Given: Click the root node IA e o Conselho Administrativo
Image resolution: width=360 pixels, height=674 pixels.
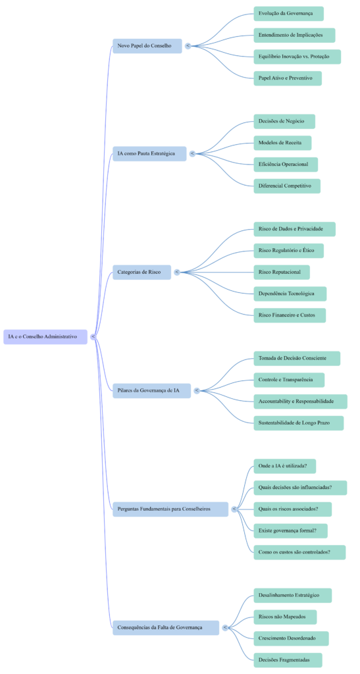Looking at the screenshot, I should coord(45,336).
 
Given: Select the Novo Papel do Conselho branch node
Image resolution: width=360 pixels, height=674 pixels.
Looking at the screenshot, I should coord(147,46).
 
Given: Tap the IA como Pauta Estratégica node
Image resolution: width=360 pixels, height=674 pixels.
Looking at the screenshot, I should coord(149,154).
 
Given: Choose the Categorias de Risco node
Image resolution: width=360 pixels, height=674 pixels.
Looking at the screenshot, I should coord(141,272).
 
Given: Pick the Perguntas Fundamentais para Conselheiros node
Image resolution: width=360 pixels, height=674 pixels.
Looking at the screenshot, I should coord(170,509).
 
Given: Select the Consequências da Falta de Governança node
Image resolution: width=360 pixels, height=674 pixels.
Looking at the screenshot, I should coord(165,627).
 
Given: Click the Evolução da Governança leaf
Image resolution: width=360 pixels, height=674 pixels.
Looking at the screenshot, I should coord(288,14).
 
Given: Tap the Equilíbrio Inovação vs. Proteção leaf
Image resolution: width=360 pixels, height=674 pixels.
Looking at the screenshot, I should coord(297,57).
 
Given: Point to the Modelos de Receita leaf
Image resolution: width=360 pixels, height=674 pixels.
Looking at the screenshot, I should coord(282,143).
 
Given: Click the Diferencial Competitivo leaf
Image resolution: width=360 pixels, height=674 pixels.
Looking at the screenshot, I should coord(287,186).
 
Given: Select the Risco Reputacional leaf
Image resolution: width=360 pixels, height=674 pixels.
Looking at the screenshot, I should coord(282,272).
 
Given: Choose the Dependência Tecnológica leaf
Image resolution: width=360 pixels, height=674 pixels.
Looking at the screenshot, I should coord(290,294).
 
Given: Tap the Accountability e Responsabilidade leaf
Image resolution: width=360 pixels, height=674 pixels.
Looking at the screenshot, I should coord(300,401).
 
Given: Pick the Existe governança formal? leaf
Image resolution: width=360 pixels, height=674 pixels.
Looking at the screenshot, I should coord(290,531).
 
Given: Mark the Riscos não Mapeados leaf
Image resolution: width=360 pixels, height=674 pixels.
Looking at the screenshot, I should coord(284,617).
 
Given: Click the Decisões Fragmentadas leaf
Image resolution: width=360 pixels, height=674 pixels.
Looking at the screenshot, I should coord(288,660).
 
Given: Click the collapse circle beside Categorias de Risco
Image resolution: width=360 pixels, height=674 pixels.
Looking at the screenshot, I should coord(177,272).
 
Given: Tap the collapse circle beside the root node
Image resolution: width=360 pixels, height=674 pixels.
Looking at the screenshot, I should coord(93,336).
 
